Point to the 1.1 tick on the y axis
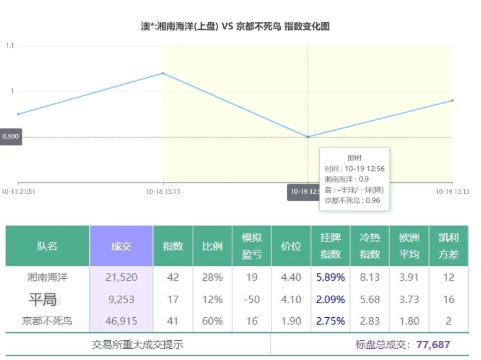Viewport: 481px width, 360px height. pyautogui.click(x=10, y=46)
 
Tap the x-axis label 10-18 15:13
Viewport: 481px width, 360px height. pyautogui.click(x=163, y=191)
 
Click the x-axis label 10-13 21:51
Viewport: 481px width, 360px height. pyautogui.click(x=19, y=191)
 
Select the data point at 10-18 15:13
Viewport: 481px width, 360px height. pyautogui.click(x=163, y=73)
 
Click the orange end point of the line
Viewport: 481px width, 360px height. pyautogui.click(x=452, y=100)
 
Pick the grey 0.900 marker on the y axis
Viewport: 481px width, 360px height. pyautogui.click(x=11, y=137)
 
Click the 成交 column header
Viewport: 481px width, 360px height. pyautogui.click(x=121, y=246)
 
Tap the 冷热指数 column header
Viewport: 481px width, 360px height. pyautogui.click(x=370, y=246)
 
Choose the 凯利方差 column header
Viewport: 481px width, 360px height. pyautogui.click(x=448, y=246)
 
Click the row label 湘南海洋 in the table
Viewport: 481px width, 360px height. pyautogui.click(x=47, y=278)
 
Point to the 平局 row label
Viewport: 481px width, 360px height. pyautogui.click(x=43, y=300)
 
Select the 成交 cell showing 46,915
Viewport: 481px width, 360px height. pyautogui.click(x=121, y=321)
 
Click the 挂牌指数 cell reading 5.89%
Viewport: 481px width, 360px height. pyautogui.click(x=330, y=278)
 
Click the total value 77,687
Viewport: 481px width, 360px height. pyautogui.click(x=433, y=345)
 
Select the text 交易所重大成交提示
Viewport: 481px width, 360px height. pyautogui.click(x=138, y=345)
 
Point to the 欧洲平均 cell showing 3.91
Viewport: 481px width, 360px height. pyautogui.click(x=409, y=278)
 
